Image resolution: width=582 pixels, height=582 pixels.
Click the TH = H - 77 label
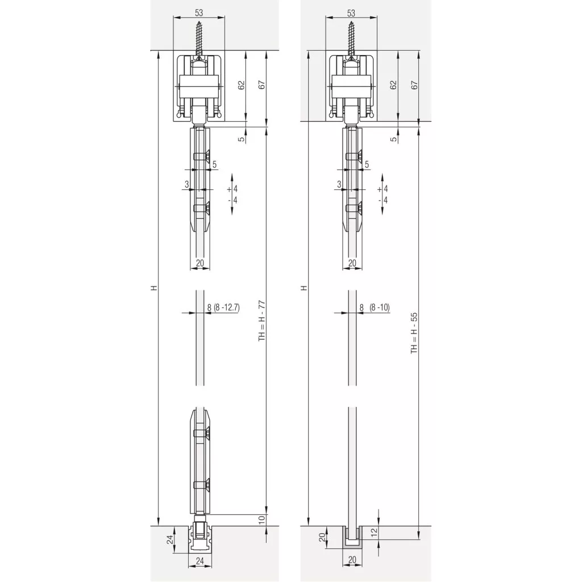coord(262,321)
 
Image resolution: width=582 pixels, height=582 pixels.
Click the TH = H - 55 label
coord(414,333)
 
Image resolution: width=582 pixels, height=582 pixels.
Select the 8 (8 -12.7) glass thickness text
coord(223,307)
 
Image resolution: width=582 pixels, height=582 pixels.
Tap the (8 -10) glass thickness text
coord(379,307)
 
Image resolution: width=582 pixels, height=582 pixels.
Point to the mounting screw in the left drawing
coord(199,39)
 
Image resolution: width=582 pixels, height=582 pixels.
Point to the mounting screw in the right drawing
coord(351,39)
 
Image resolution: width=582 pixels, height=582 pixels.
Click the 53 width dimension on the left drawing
coord(199,13)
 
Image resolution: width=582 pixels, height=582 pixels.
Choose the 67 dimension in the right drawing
coord(414,85)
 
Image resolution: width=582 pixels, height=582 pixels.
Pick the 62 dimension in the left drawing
coord(241,85)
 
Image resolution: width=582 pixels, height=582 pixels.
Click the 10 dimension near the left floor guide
coord(261,519)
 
